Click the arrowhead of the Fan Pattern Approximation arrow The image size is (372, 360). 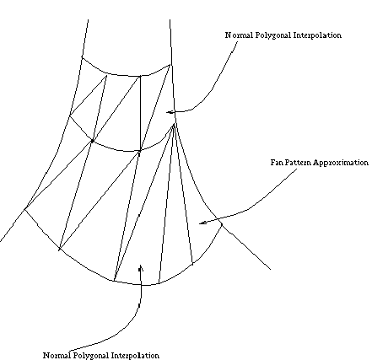pos(200,223)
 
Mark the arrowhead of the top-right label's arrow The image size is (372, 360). pos(168,112)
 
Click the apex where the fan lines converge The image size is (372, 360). pos(174,125)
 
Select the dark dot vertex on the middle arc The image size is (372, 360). pos(92,141)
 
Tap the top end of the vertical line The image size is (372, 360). pos(140,76)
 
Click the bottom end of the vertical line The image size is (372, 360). pos(140,152)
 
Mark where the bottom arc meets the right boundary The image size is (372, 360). pos(222,223)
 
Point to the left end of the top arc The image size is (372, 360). pos(82,57)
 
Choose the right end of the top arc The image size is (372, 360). pos(170,65)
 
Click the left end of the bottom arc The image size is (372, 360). pos(25,209)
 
